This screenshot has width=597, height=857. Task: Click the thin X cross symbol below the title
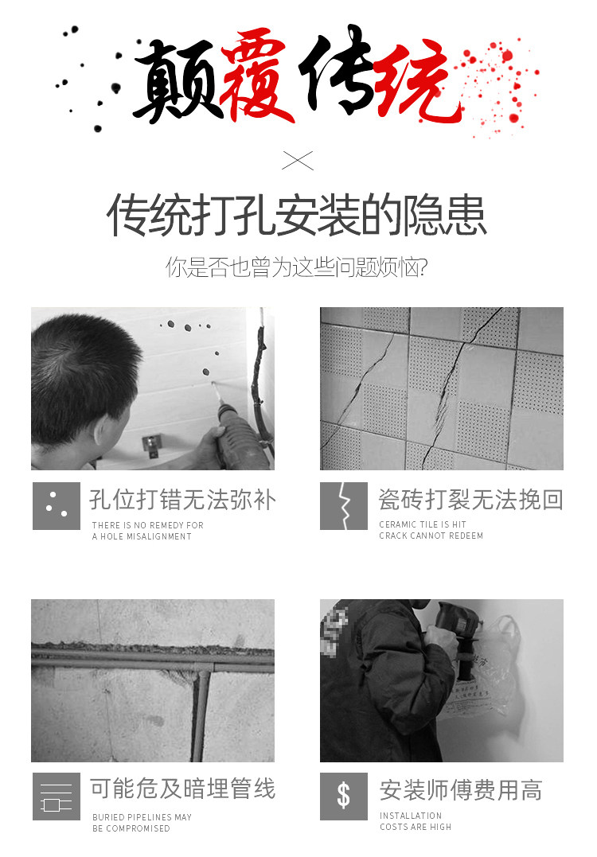click(x=298, y=161)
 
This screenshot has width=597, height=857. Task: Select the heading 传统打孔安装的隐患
click(x=296, y=215)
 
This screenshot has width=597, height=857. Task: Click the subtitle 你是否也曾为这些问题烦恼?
click(x=296, y=267)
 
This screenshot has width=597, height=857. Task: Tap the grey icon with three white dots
click(x=57, y=505)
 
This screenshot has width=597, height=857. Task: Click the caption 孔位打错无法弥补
click(x=182, y=500)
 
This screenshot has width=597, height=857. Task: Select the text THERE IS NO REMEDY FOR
click(x=147, y=525)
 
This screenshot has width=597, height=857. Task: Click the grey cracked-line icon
click(x=344, y=505)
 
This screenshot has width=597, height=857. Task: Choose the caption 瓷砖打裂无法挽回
click(x=470, y=500)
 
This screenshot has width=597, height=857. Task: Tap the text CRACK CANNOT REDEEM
click(x=431, y=536)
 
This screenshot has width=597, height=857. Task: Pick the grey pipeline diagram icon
click(x=57, y=797)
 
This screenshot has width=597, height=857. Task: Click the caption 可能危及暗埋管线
click(x=182, y=789)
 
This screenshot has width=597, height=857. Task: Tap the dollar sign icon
click(x=344, y=797)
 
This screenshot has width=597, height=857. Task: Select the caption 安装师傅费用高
click(x=461, y=790)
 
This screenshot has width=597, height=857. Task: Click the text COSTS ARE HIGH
click(x=416, y=827)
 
